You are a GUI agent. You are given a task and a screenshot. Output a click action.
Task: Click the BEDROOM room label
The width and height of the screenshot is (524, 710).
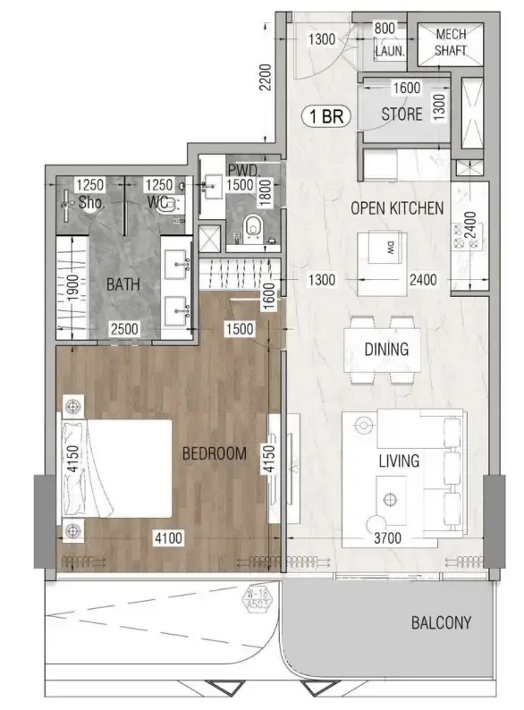(214, 454)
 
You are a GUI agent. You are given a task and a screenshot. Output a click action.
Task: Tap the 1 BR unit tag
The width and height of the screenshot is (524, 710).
(327, 115)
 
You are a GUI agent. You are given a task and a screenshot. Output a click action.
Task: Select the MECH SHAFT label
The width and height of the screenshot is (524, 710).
(452, 42)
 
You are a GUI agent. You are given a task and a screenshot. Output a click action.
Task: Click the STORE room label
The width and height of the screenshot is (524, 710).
(401, 114)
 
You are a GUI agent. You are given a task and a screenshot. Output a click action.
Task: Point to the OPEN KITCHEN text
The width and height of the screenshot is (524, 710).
(396, 208)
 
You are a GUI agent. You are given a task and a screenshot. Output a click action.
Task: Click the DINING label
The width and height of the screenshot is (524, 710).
(386, 350)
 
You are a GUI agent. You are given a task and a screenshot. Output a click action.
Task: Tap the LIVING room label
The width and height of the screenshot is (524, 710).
(399, 461)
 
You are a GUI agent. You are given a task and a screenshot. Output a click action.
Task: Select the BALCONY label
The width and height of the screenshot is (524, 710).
(441, 622)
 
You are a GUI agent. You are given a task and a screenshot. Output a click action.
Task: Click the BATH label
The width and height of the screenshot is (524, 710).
(123, 286)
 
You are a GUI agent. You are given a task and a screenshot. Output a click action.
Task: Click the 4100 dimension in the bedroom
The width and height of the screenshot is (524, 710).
(170, 539)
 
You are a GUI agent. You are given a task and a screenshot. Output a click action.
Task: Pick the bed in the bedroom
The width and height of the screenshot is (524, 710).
(117, 468)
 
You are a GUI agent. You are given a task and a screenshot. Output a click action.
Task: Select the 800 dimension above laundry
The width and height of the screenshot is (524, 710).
(385, 27)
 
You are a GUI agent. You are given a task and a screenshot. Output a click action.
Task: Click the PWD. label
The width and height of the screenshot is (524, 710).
(243, 168)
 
